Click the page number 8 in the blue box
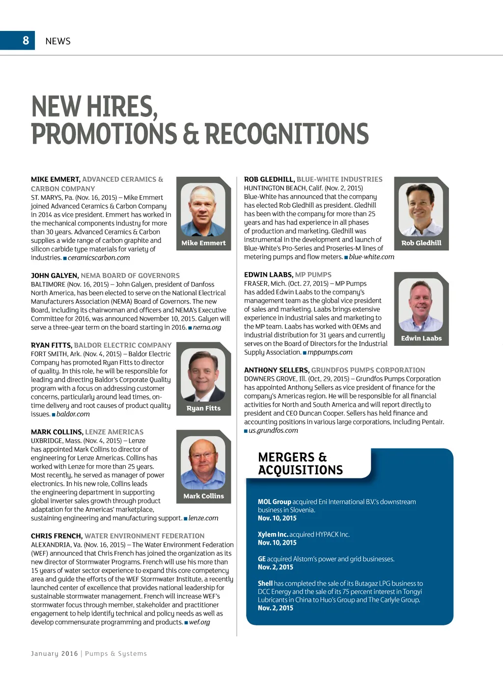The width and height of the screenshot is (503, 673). pos(26,40)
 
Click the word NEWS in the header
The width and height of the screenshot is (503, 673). pos(58,41)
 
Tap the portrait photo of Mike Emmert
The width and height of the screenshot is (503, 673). pos(203,210)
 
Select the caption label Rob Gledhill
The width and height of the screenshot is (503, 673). pos(421,243)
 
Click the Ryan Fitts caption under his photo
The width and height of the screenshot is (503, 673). pos(203,408)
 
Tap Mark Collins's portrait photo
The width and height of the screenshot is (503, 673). pos(203,463)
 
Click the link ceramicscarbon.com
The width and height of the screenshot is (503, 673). pos(99,258)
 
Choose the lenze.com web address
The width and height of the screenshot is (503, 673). pos(203,518)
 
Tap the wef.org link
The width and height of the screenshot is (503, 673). pos(199,622)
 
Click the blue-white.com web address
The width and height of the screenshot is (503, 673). pos(371,257)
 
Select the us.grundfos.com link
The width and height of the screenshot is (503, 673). pos(273,430)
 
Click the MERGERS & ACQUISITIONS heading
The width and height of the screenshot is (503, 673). pos(300,463)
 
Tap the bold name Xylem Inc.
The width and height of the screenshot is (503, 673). pos(273,534)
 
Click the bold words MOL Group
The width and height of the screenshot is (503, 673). pos(274,502)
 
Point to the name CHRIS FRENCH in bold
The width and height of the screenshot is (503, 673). pos(56,536)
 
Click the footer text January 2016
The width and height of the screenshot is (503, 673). pos(54,653)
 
